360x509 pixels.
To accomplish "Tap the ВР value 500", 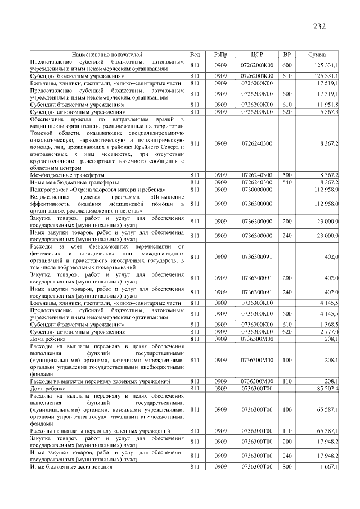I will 287,175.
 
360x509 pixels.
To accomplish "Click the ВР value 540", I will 287,183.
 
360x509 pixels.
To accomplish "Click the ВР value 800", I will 287,466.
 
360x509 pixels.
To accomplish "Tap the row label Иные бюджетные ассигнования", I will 71,466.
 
